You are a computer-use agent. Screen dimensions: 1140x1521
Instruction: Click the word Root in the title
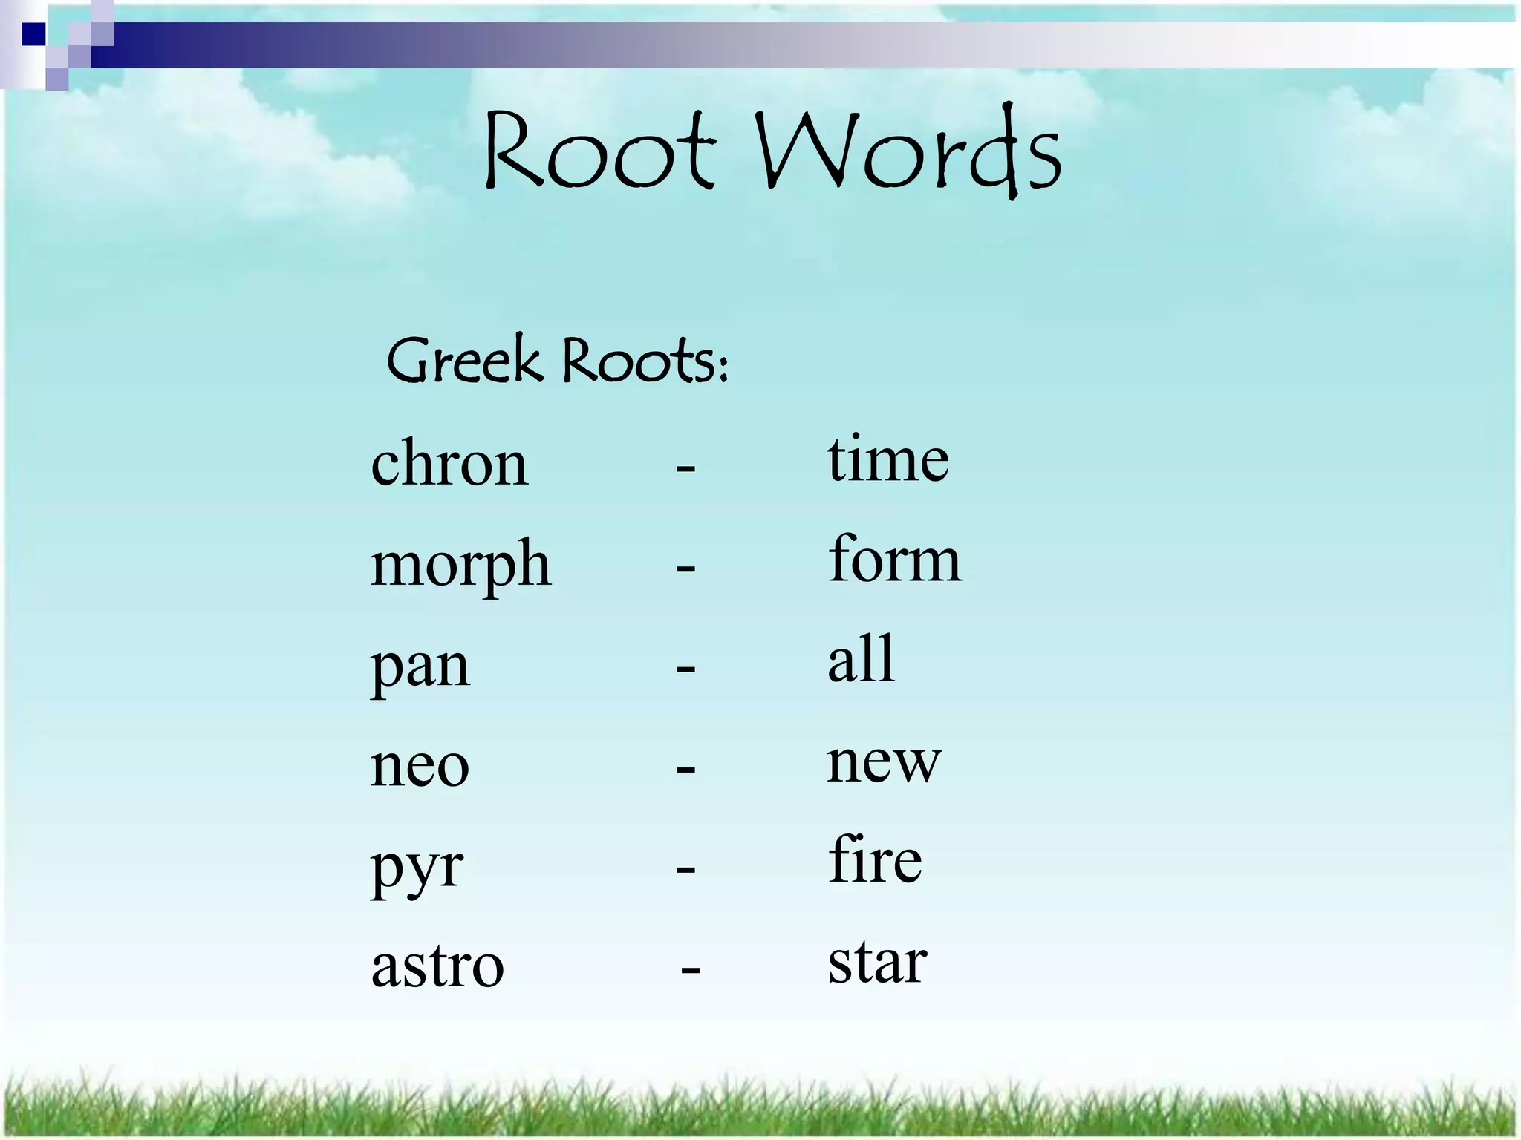tap(600, 152)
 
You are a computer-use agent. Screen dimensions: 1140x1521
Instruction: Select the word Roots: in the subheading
tap(645, 361)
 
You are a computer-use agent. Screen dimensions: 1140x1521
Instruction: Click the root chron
tap(449, 463)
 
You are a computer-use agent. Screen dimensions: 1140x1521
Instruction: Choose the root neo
tap(420, 765)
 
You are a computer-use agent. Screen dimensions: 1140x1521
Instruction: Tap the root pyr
tap(417, 867)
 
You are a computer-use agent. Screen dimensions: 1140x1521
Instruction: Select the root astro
tap(437, 966)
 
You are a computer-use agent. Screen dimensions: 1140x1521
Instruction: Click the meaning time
tap(888, 459)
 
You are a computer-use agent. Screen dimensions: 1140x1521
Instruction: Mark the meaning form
tap(894, 559)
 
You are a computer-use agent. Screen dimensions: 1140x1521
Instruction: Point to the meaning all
tap(861, 659)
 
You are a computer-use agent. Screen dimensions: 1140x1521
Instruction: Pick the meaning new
tap(884, 761)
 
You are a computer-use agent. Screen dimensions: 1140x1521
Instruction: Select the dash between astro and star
tap(690, 969)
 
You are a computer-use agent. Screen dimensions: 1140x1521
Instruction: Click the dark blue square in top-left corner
tap(33, 34)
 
